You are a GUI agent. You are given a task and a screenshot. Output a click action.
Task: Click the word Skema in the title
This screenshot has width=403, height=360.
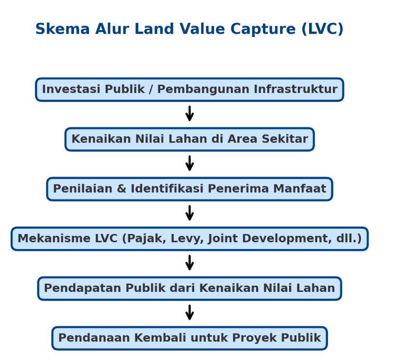coord(62,29)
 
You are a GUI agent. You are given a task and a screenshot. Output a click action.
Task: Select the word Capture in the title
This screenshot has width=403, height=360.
coord(263,29)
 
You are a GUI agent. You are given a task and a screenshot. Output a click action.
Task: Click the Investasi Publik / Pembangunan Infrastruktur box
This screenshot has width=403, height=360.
coord(190,90)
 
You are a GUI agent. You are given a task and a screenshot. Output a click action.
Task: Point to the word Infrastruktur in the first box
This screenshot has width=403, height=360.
coord(295,89)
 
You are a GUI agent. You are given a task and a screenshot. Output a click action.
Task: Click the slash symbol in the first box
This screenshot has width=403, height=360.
coord(151,89)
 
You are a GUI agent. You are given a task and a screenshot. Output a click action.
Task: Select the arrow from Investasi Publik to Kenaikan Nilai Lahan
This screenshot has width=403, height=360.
coord(190,113)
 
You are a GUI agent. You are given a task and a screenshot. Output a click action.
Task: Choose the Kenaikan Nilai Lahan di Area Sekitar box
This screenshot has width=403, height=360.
coord(190,139)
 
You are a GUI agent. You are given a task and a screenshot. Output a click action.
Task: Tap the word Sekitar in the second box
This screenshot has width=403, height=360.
coord(285,139)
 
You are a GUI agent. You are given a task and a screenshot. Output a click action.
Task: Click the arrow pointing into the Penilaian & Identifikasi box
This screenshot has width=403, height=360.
coord(190,163)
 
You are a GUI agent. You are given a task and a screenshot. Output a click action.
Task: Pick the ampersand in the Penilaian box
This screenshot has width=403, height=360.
coord(122,189)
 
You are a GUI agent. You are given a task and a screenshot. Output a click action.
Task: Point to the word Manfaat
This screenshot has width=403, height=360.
coord(300,188)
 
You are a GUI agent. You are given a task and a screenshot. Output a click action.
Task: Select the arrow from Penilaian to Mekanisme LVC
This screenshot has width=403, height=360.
coord(190,213)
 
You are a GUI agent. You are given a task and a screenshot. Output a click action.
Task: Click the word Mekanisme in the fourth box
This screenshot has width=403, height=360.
coord(54,238)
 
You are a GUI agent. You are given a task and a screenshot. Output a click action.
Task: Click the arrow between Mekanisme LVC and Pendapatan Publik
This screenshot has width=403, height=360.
coord(190,263)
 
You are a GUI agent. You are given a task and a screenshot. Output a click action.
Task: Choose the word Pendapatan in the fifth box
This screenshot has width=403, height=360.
coord(83,288)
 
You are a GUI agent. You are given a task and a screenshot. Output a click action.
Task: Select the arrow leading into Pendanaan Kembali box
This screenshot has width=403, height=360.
coord(190,312)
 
